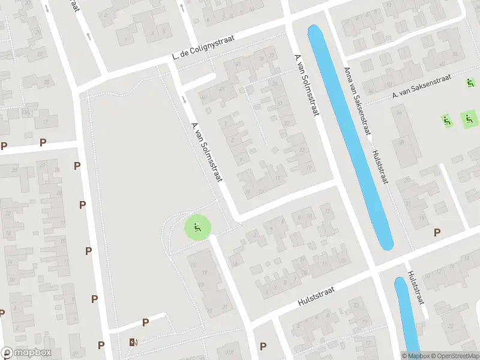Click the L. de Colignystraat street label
[203, 46]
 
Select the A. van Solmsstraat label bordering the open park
[206, 152]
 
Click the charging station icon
[133, 342]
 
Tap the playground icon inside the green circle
[197, 227]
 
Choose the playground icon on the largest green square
[469, 119]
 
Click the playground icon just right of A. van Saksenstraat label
[470, 82]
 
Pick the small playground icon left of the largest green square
[446, 120]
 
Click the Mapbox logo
[26, 353]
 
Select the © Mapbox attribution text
[416, 356]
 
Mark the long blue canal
[351, 135]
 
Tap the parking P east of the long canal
[437, 232]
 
